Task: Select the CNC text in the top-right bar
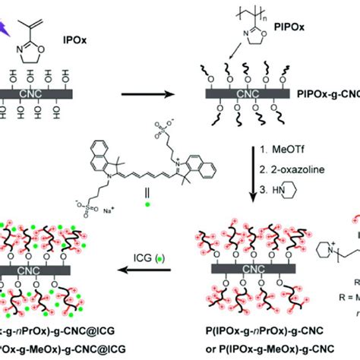245,96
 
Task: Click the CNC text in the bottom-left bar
44,270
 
